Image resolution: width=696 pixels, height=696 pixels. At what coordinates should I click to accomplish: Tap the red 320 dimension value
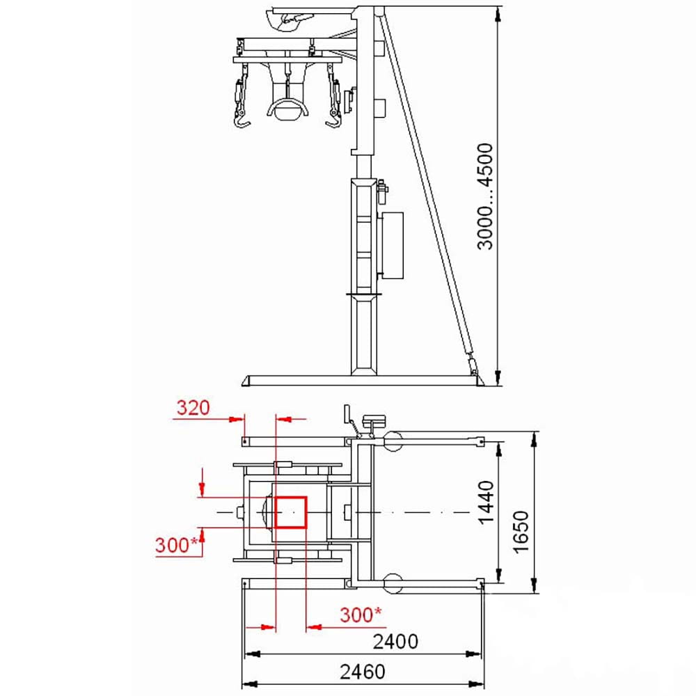(192, 408)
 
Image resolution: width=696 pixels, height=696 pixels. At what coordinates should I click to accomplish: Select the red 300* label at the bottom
(361, 615)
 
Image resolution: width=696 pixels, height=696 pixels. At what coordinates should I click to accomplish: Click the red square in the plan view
(291, 513)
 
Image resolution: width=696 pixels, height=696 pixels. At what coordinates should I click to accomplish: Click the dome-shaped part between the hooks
(285, 110)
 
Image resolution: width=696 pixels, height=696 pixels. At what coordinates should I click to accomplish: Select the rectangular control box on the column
(393, 245)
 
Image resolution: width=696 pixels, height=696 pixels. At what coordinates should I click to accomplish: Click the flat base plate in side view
(362, 381)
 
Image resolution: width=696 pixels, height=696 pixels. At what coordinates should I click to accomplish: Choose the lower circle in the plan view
(393, 583)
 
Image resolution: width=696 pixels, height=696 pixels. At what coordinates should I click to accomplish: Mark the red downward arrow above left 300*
(202, 481)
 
